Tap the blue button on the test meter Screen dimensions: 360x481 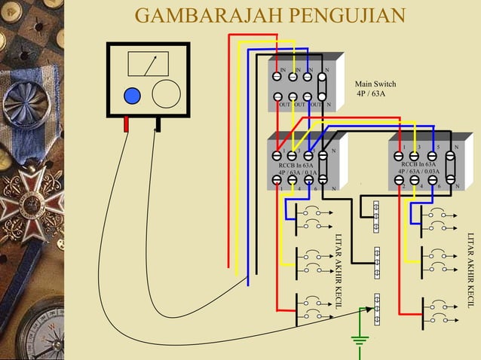pyautogui.click(x=132, y=96)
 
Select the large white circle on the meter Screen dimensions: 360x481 pyautogui.click(x=166, y=94)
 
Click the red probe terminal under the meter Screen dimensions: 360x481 pyautogui.click(x=127, y=124)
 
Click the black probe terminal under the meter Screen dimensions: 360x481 pyautogui.click(x=158, y=124)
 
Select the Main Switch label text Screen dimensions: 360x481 pyautogui.click(x=375, y=84)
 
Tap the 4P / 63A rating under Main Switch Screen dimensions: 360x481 pyautogui.click(x=370, y=94)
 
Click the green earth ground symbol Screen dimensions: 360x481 pyautogui.click(x=360, y=340)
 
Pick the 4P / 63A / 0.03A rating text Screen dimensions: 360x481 pyautogui.click(x=419, y=172)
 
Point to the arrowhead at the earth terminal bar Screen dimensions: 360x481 pyautogui.click(x=369, y=309)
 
